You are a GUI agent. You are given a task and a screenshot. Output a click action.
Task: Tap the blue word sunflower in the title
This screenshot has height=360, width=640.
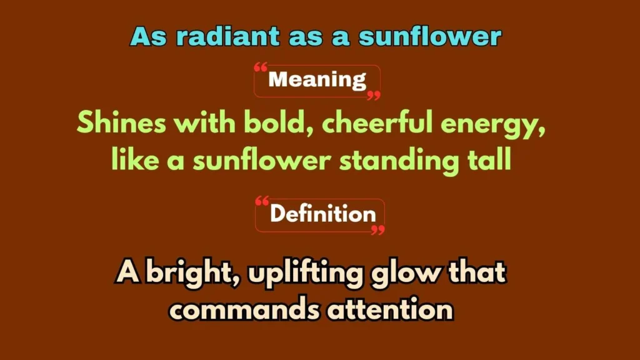430,37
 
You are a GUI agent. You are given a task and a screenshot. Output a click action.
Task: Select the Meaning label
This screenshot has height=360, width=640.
317,80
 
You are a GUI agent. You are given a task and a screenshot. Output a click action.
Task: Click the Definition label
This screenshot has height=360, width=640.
322,214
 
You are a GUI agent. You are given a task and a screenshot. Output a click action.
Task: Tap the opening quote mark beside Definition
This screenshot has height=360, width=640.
262,201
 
